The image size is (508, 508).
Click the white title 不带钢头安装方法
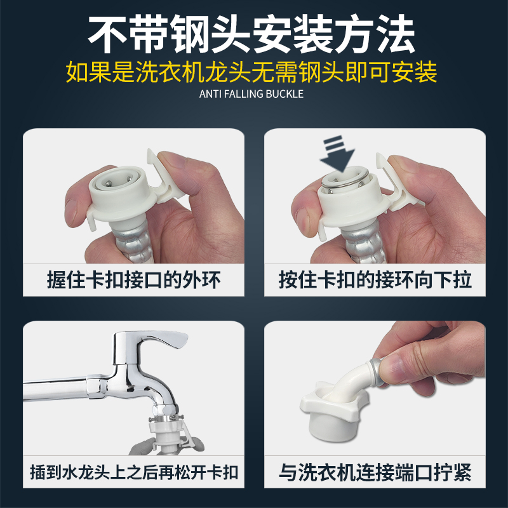(x=254, y=32)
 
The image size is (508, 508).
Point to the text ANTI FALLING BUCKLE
(x=254, y=94)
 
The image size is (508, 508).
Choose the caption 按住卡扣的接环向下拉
(x=375, y=280)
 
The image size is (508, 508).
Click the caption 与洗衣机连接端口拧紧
(x=375, y=473)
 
